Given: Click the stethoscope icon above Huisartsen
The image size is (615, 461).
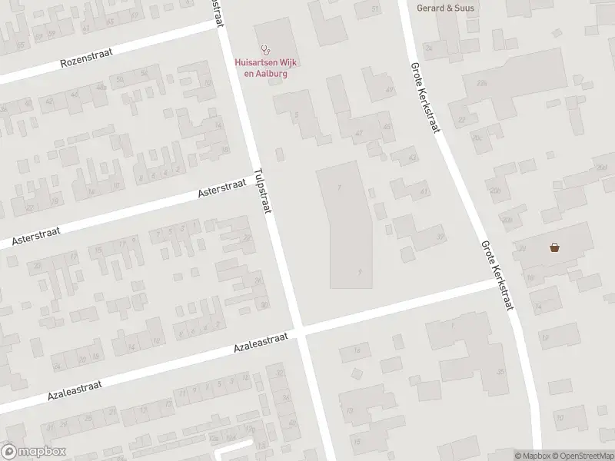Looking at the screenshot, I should click(266, 48).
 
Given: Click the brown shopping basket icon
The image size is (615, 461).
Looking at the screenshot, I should click(553, 247).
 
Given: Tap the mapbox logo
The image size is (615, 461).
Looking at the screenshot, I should click(34, 452).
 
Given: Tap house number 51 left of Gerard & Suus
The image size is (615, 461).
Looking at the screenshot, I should click(375, 8).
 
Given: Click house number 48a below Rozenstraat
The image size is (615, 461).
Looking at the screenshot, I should click(100, 88).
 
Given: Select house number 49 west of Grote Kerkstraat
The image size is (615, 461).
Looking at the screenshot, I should click(388, 90).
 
